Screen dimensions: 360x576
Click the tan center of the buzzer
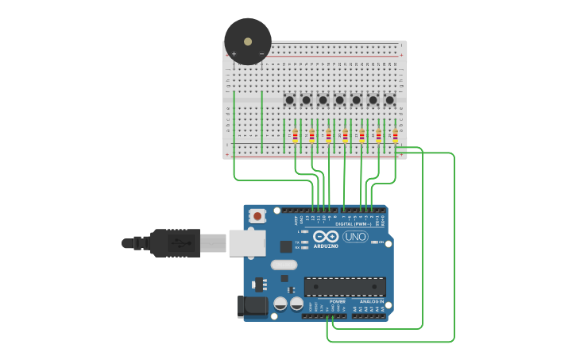click(x=248, y=41)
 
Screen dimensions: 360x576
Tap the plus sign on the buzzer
click(x=234, y=54)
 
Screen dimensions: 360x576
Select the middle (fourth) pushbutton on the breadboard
click(x=339, y=100)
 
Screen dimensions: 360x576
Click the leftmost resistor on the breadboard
click(x=295, y=135)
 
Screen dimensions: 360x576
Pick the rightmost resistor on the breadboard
click(x=395, y=135)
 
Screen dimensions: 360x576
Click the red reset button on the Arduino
click(x=257, y=215)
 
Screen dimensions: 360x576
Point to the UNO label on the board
click(x=355, y=237)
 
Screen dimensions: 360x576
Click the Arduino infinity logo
click(x=326, y=237)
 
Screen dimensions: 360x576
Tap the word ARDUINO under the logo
click(x=326, y=246)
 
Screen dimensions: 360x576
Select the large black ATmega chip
click(x=345, y=286)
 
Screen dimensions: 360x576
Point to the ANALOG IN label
click(x=371, y=302)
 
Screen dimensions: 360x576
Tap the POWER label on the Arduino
click(x=338, y=302)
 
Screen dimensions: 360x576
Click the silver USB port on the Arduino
click(x=246, y=242)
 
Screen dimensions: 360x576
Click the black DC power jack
click(x=253, y=306)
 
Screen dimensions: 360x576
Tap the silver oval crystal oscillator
click(x=284, y=265)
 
